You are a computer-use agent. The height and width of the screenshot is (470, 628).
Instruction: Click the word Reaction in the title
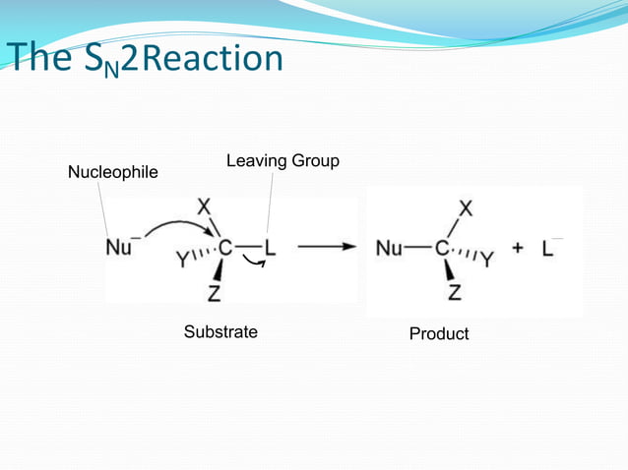click(x=220, y=58)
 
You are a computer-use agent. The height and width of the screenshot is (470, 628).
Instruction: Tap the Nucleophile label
click(x=112, y=174)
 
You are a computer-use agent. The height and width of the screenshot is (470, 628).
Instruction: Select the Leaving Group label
click(x=283, y=160)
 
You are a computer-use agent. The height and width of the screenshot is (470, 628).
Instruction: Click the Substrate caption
click(x=220, y=332)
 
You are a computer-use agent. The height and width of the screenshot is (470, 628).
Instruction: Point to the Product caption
click(x=439, y=334)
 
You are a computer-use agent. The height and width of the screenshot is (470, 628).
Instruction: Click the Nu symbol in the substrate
click(x=119, y=248)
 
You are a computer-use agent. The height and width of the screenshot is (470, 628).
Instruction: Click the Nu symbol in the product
click(x=389, y=249)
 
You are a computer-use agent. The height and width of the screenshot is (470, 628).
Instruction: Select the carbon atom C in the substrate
click(x=225, y=249)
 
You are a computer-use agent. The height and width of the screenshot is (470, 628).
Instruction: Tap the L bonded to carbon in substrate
click(x=270, y=249)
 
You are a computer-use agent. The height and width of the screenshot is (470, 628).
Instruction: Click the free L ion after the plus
click(x=547, y=249)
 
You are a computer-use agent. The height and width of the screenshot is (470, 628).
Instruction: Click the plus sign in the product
click(x=517, y=249)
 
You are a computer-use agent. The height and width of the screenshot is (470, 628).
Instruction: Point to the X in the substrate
click(x=204, y=207)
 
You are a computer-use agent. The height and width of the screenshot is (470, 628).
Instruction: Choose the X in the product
click(x=465, y=208)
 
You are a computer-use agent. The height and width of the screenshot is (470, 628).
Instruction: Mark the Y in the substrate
click(x=183, y=260)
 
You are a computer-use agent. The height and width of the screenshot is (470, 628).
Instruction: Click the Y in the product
click(x=487, y=260)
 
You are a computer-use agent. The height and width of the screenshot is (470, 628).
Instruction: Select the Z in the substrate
click(x=214, y=292)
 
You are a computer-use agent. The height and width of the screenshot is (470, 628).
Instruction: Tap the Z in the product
click(x=454, y=292)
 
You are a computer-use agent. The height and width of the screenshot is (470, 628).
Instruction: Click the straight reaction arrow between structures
click(x=327, y=248)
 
